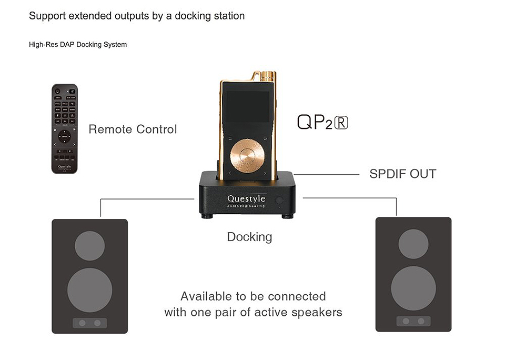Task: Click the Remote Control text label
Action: [x=133, y=129]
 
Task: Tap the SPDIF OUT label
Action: [x=402, y=174]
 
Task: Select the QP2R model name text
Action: [x=322, y=122]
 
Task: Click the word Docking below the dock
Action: [x=249, y=237]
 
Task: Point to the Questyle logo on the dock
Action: [x=246, y=199]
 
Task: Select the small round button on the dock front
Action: [x=279, y=200]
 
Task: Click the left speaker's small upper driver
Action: [x=90, y=245]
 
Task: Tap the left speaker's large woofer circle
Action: [x=90, y=290]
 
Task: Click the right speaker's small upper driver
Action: [x=413, y=244]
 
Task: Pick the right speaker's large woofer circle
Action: [x=413, y=288]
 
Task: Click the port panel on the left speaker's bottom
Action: [x=90, y=323]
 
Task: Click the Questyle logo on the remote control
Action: [x=64, y=164]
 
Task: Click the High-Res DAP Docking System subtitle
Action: [x=78, y=45]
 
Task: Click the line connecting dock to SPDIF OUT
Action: [x=326, y=174]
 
